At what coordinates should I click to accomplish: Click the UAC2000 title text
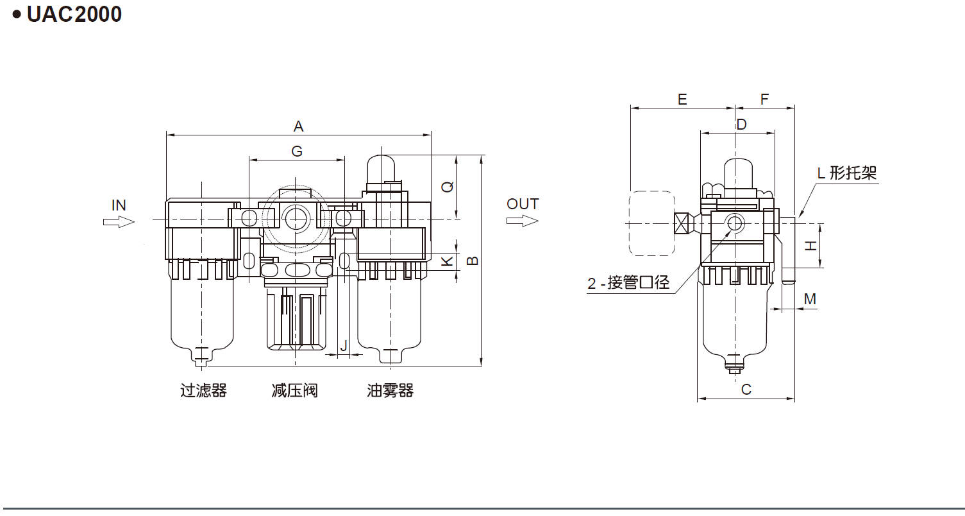click(74, 14)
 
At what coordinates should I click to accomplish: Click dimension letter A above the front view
click(298, 126)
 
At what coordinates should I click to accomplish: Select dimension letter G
click(296, 151)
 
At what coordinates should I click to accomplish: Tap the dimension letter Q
click(448, 187)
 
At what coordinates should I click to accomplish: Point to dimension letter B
click(472, 260)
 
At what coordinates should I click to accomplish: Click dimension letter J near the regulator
click(344, 345)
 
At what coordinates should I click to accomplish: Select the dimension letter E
click(682, 99)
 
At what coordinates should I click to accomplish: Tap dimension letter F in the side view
click(764, 99)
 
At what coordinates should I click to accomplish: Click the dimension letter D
click(741, 125)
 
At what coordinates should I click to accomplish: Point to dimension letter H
click(811, 245)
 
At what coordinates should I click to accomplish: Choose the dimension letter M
click(810, 299)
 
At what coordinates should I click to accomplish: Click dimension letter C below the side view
click(746, 389)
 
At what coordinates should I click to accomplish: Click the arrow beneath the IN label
click(119, 221)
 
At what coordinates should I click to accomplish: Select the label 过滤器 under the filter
click(203, 390)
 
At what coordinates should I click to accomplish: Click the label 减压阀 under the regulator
click(294, 390)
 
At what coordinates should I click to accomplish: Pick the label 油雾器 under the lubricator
click(390, 390)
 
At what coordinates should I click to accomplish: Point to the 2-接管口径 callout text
click(628, 282)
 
